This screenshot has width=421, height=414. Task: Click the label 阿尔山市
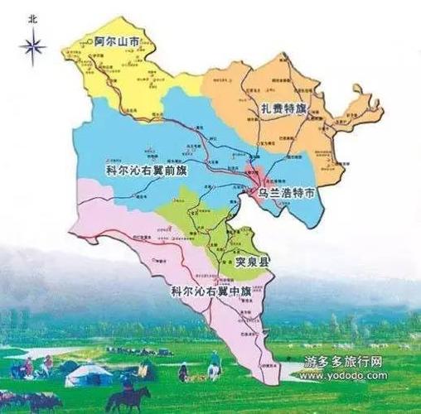117,39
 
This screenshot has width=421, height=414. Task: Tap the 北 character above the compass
32,16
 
